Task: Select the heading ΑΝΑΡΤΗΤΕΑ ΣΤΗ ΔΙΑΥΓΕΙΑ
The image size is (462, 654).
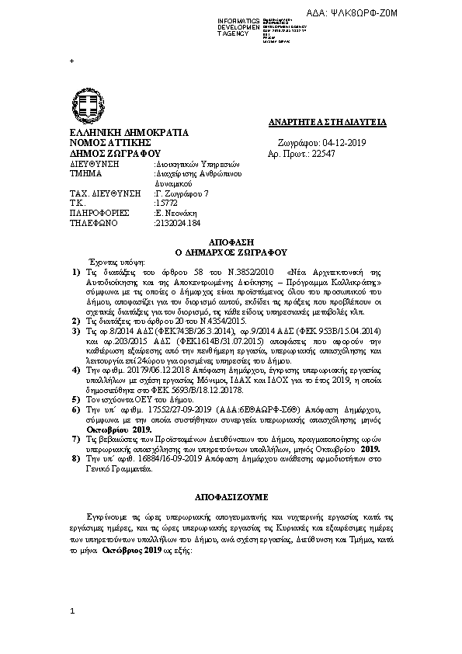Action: [x=332, y=123]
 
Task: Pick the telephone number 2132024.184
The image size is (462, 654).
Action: [x=178, y=222]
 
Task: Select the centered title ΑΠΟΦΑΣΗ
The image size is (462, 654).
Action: [x=232, y=242]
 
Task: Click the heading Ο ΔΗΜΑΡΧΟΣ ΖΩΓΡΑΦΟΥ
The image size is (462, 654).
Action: [x=232, y=252]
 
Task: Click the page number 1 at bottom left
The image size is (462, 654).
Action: [x=72, y=612]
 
